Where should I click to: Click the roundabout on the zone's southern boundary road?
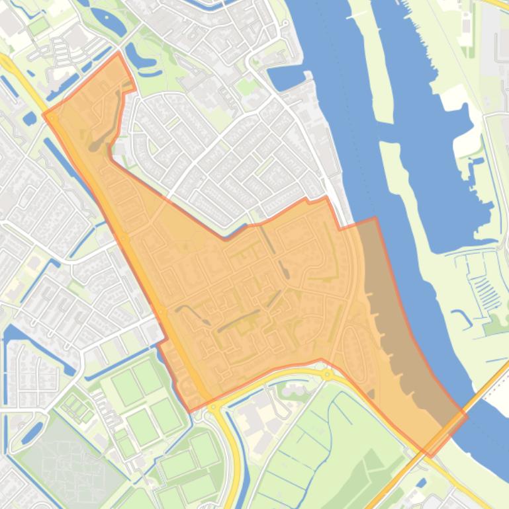(327, 374)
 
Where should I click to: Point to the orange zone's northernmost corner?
(118, 53)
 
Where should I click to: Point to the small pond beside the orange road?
(30, 119)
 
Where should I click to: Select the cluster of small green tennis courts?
(78, 407)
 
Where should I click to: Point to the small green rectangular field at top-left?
(38, 26)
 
